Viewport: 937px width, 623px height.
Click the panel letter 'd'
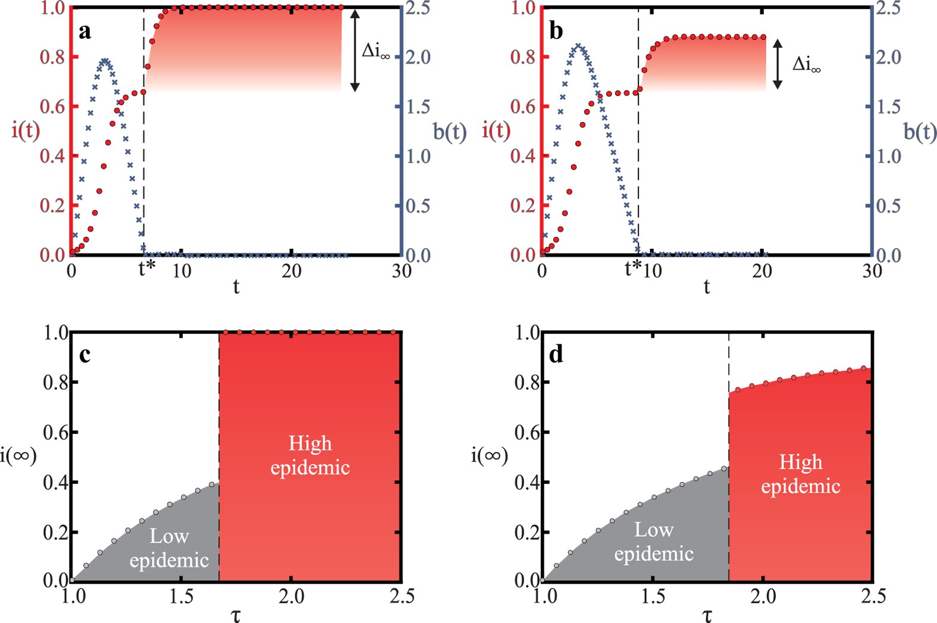click(556, 355)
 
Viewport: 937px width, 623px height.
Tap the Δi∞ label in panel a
click(376, 52)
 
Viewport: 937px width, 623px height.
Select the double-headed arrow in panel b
click(777, 64)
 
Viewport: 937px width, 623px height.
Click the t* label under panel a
click(146, 270)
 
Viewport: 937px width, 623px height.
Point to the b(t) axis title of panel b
click(920, 132)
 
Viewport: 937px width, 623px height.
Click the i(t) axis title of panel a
click(26, 130)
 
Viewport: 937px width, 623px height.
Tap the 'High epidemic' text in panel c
click(310, 455)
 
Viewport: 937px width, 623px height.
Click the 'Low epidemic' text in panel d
click(654, 541)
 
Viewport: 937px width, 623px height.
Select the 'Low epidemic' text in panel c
click(169, 548)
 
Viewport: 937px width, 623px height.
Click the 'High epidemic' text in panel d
click(801, 474)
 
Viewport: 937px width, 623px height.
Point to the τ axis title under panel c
click(236, 615)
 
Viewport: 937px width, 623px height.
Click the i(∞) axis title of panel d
click(489, 456)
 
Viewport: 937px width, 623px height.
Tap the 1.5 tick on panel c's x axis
click(181, 596)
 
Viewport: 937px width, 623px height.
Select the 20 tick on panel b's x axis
click(761, 271)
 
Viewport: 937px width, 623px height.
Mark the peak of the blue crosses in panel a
click(105, 60)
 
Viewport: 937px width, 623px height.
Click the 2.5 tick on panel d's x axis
click(872, 596)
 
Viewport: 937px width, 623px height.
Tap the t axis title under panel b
click(706, 287)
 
